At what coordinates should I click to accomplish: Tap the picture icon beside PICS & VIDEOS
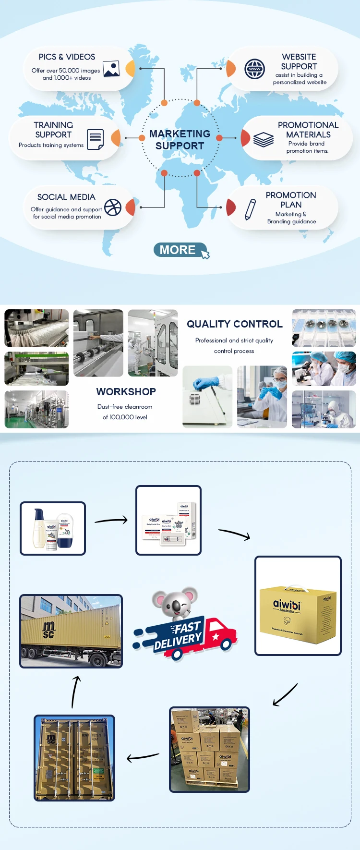(111, 69)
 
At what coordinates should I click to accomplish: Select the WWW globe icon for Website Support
(254, 69)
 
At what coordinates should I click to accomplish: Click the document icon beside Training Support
(96, 139)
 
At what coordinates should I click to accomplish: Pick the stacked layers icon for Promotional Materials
(263, 139)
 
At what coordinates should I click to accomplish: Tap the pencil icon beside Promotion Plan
(250, 209)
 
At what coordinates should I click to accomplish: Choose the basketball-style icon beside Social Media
(113, 207)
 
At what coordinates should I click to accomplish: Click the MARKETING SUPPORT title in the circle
(180, 140)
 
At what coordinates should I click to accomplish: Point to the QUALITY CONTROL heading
(234, 324)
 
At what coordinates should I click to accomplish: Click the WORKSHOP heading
(126, 392)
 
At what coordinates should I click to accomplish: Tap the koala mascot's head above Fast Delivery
(175, 603)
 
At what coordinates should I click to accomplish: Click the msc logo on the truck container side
(48, 629)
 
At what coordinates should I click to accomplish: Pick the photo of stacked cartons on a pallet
(209, 749)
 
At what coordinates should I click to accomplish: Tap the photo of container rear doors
(74, 758)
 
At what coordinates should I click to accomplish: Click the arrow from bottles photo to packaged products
(111, 520)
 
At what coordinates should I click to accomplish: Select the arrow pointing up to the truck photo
(75, 692)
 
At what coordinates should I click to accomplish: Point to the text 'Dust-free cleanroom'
(125, 407)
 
